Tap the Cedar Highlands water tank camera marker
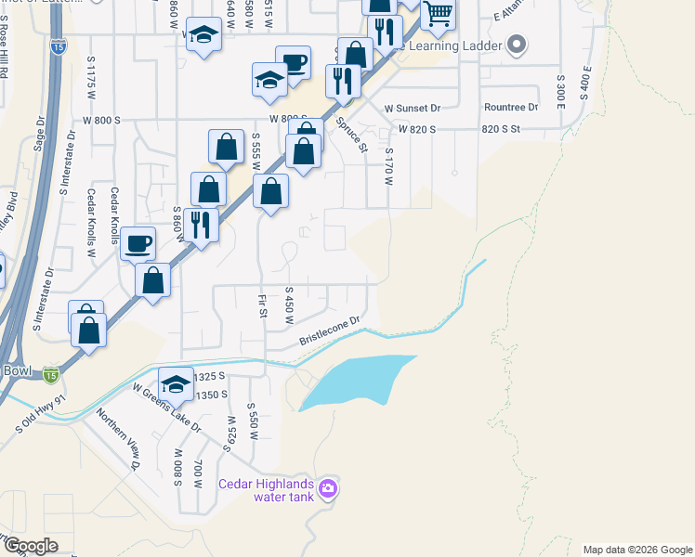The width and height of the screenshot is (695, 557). [327, 488]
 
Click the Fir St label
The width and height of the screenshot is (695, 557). [263, 305]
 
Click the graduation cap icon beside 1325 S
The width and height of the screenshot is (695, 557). [176, 383]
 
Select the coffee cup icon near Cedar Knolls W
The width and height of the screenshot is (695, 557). [138, 244]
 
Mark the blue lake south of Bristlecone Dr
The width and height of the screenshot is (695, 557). [353, 381]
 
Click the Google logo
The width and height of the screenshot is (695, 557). [31, 546]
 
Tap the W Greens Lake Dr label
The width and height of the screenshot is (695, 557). [166, 408]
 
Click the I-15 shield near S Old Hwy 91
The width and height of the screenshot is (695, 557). [51, 375]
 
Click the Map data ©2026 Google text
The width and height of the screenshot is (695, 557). [637, 550]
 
